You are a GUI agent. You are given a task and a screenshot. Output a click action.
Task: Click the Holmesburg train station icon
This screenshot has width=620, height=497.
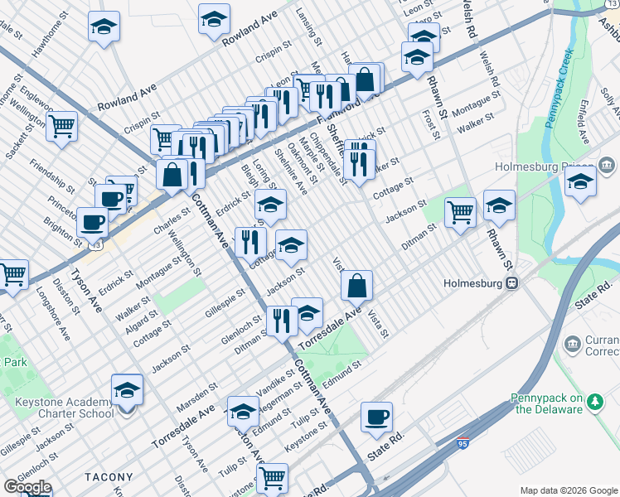(x=513, y=282)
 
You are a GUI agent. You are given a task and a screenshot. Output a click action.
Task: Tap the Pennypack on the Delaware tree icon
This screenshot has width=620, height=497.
(x=594, y=401)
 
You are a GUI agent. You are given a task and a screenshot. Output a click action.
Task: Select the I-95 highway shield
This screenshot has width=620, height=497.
(x=463, y=445)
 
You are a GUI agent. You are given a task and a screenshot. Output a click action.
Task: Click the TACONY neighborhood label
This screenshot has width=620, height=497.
(x=108, y=477)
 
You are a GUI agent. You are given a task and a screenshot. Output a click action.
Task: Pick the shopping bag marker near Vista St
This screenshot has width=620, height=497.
(x=356, y=286)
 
